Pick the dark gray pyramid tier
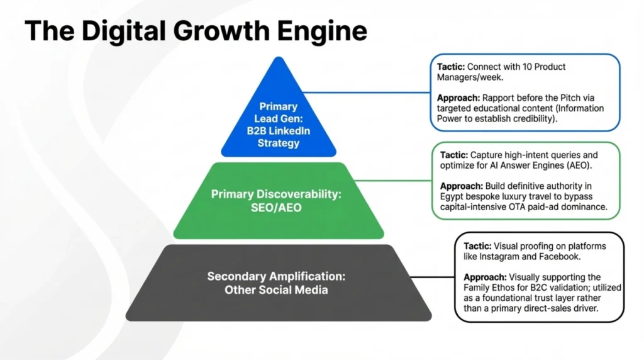pyautogui.click(x=278, y=283)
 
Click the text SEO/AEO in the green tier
pyautogui.click(x=278, y=207)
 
